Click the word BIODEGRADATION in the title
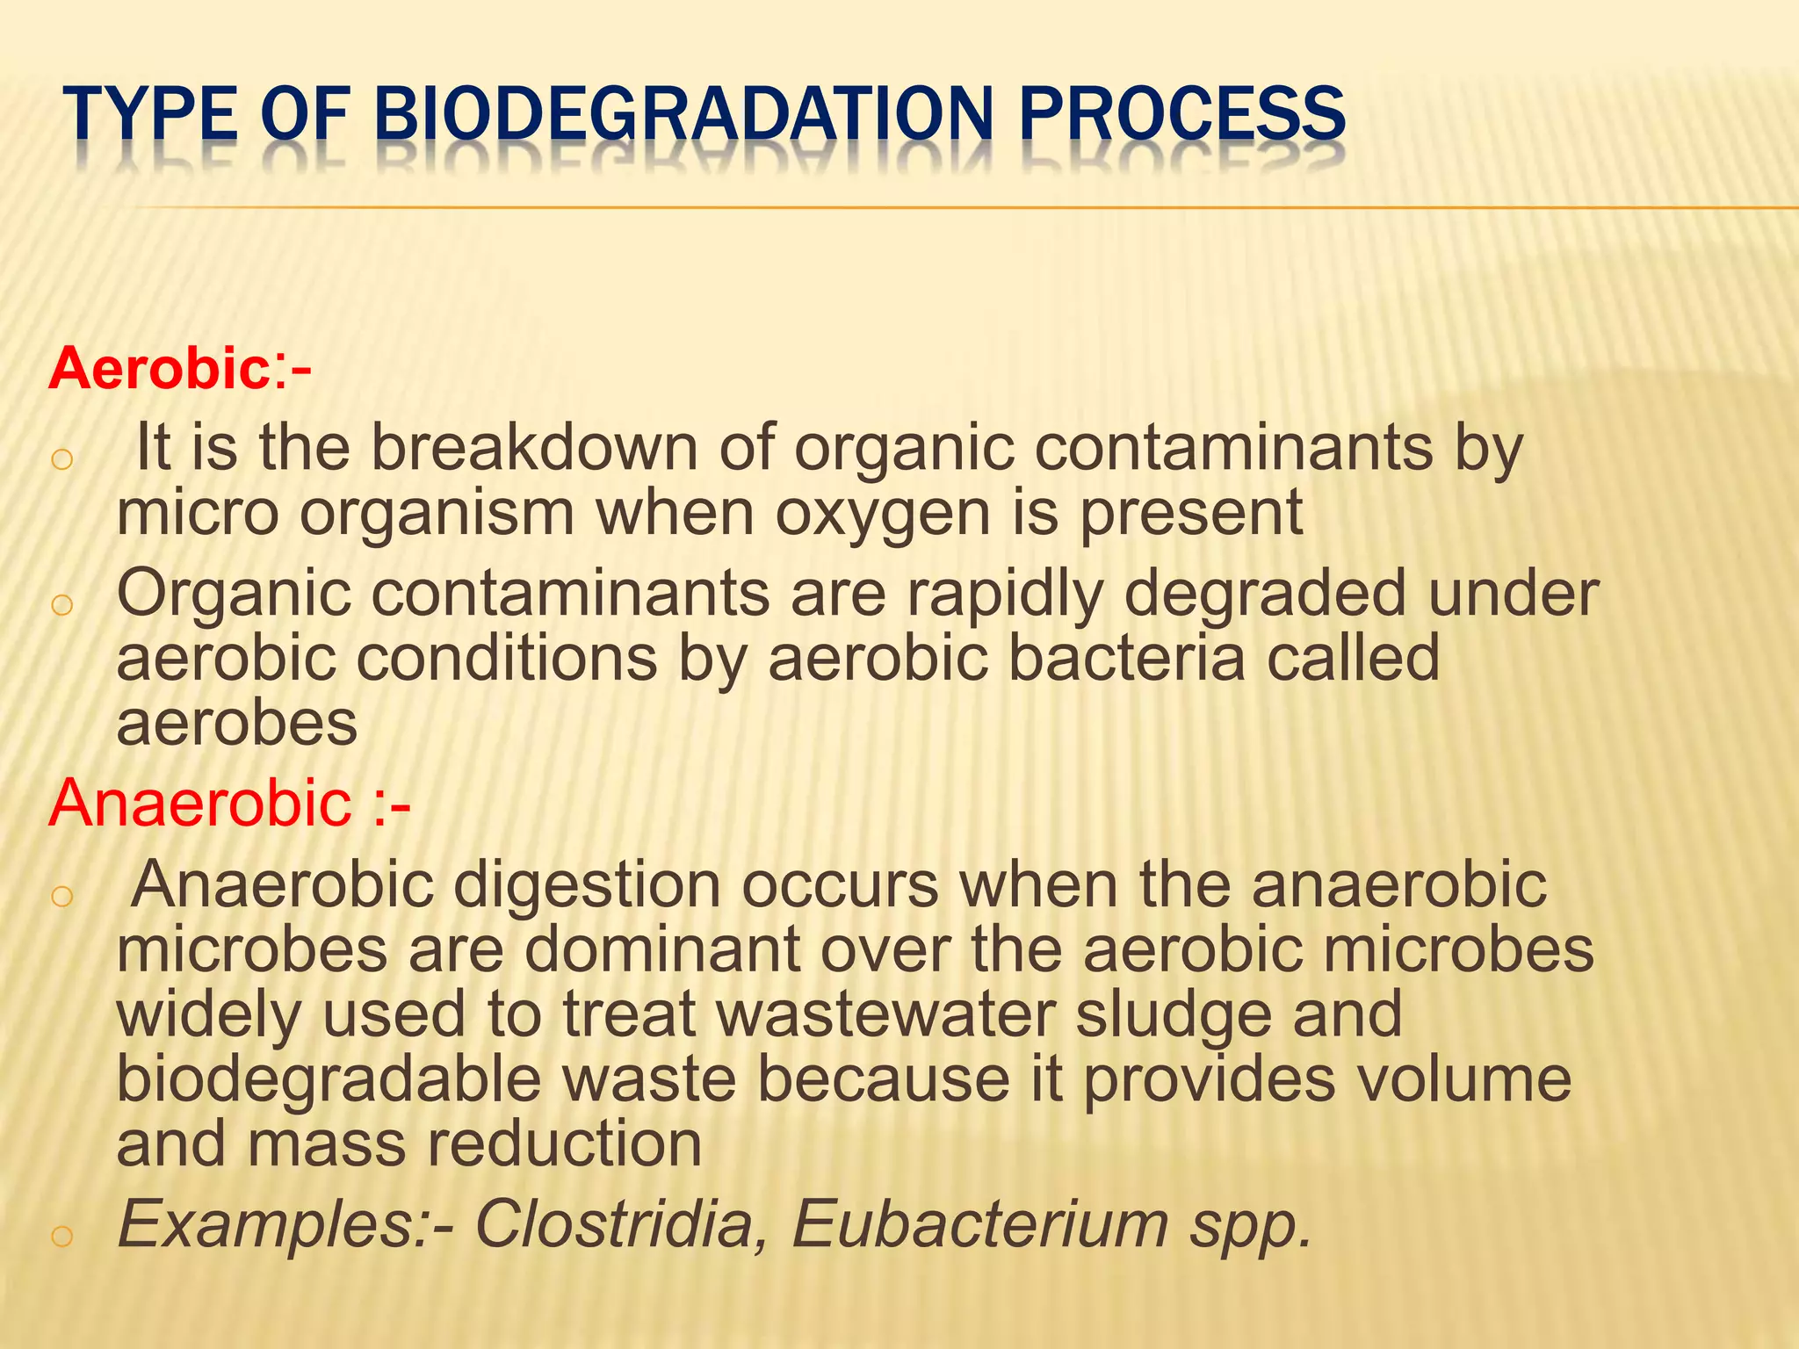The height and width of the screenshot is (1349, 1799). click(x=683, y=114)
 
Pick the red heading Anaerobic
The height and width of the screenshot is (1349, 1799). click(x=200, y=803)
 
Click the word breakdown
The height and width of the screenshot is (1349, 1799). click(x=534, y=448)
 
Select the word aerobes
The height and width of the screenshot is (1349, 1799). click(x=237, y=725)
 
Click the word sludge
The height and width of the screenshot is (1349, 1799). click(x=1174, y=1015)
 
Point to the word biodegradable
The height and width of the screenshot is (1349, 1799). click(x=329, y=1080)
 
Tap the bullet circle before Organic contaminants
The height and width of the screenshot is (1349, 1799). click(x=61, y=606)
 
